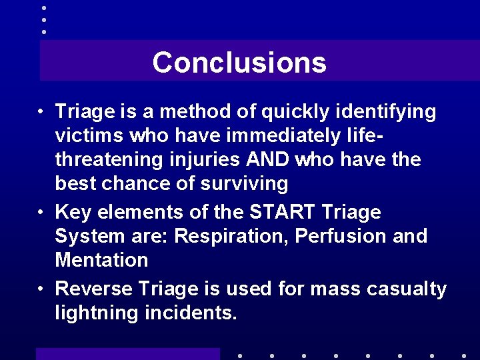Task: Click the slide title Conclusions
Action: tap(239, 63)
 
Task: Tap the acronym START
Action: tap(282, 213)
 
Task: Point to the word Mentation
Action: tap(101, 260)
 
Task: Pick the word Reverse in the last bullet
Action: tap(93, 289)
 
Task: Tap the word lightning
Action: tap(97, 313)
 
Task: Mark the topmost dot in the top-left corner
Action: tap(43, 7)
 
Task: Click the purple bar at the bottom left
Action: tap(127, 354)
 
